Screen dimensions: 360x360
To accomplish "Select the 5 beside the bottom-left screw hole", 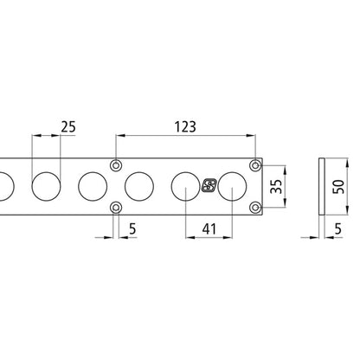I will click(x=132, y=231).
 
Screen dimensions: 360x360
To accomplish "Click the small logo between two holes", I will click(x=209, y=185).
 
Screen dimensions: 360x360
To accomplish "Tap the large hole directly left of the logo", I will click(x=186, y=185).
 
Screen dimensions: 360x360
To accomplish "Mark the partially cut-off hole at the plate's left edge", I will click(x=3, y=185).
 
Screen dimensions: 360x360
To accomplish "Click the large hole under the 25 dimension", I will click(x=48, y=185).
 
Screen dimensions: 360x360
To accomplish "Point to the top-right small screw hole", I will click(x=254, y=164).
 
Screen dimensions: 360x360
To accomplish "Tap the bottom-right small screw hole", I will click(x=254, y=206).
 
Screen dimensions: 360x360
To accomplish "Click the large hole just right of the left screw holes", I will click(x=139, y=185).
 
